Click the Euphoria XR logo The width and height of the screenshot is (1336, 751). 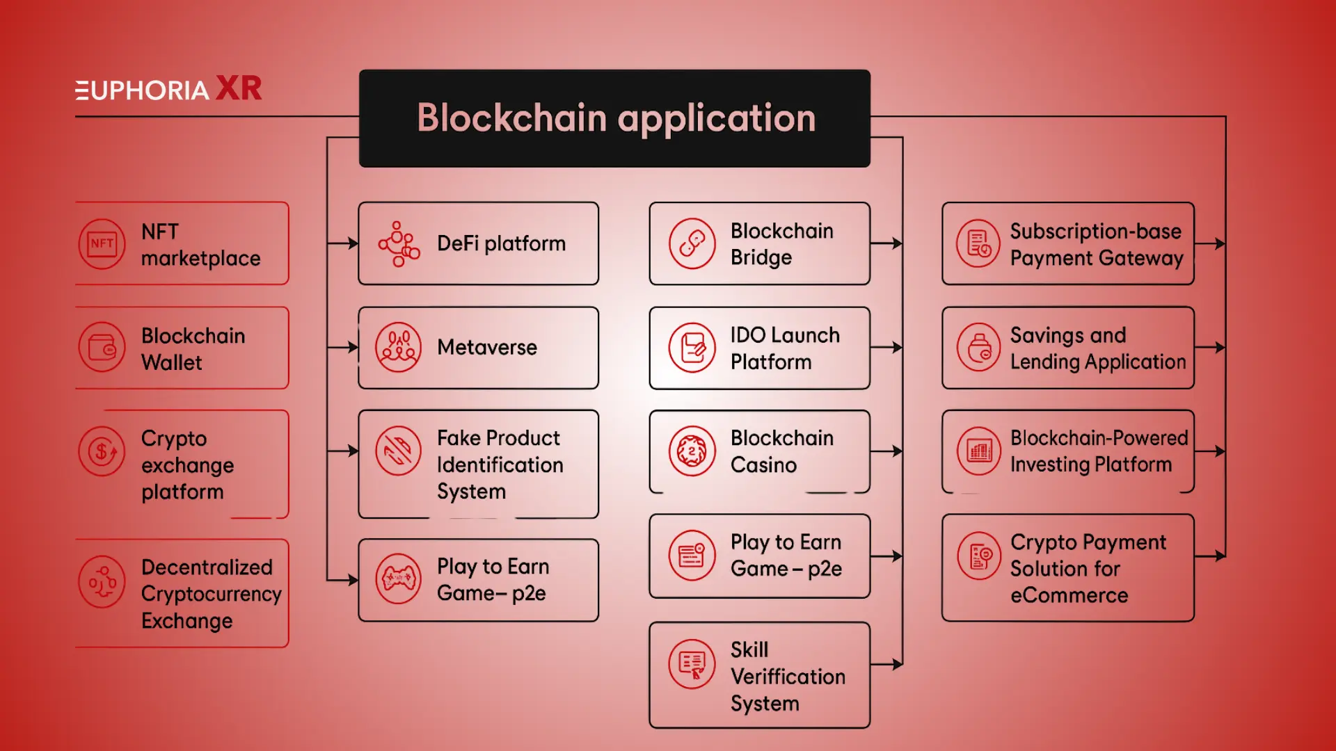pos(168,89)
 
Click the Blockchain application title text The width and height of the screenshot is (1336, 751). pos(616,118)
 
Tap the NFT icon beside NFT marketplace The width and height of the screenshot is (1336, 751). pos(102,243)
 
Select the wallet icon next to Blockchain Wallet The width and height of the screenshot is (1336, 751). pos(102,347)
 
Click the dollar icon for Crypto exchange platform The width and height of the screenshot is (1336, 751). pos(102,451)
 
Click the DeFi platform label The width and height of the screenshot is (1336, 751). pos(501,243)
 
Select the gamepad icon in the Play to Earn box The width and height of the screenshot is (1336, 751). pos(398,579)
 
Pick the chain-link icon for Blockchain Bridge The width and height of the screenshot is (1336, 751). pos(692,243)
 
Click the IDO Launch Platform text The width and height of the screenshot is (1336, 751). pos(784,348)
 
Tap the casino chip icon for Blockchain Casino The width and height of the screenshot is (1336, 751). pos(692,451)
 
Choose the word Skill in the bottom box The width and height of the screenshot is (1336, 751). pos(749,649)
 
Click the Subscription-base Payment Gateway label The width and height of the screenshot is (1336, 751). pos(1096,244)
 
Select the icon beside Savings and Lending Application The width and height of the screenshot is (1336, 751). pos(979,347)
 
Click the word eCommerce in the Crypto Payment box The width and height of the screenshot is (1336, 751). pos(1069,595)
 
